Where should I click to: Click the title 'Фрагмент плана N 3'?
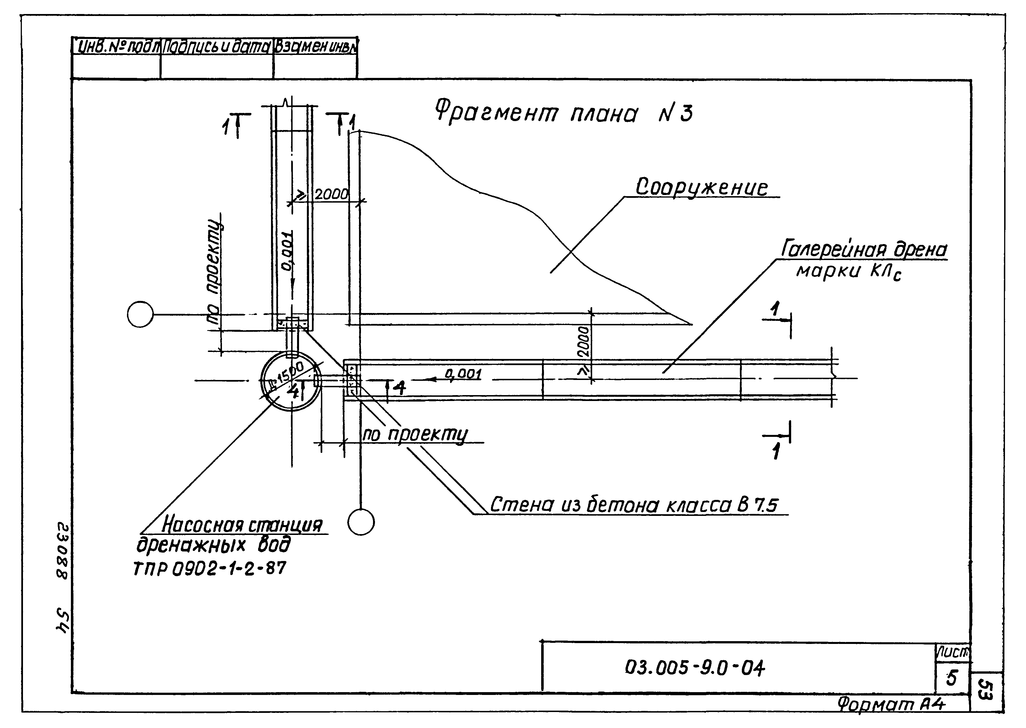click(564, 113)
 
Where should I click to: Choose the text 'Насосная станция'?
click(242, 525)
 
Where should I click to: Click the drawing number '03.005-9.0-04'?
click(695, 668)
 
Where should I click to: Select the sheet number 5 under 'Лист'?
click(951, 678)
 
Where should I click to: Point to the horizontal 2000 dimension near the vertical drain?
click(331, 194)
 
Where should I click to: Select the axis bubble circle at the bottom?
click(361, 522)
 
